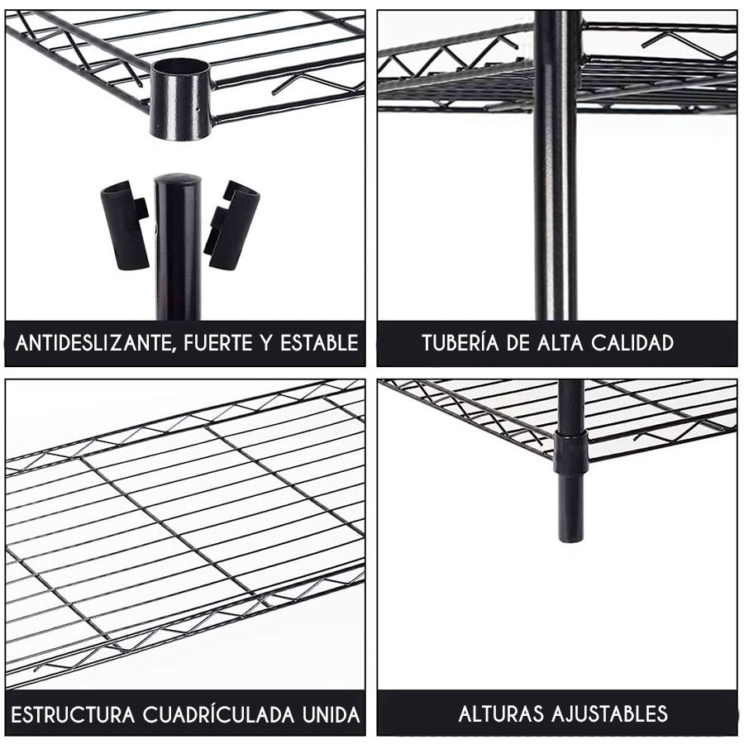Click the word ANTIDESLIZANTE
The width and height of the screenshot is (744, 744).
[x=93, y=343]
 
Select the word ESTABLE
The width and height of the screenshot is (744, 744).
[x=319, y=342]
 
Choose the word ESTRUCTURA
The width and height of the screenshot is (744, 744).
[x=73, y=714]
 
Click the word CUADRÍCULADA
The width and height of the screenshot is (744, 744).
[x=219, y=714]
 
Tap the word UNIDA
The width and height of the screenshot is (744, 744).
[x=331, y=714]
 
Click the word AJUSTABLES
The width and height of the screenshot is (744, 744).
[x=610, y=713]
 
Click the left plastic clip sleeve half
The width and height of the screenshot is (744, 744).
[x=125, y=226]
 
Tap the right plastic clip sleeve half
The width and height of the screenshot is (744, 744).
[x=232, y=226]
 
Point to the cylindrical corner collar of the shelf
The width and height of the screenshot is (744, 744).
[x=180, y=98]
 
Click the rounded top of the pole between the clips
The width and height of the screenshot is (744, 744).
[x=178, y=181]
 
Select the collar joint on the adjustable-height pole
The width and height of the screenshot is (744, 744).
[x=570, y=452]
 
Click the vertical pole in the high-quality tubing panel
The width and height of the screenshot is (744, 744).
[x=556, y=165]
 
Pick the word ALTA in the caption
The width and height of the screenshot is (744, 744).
[x=560, y=342]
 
